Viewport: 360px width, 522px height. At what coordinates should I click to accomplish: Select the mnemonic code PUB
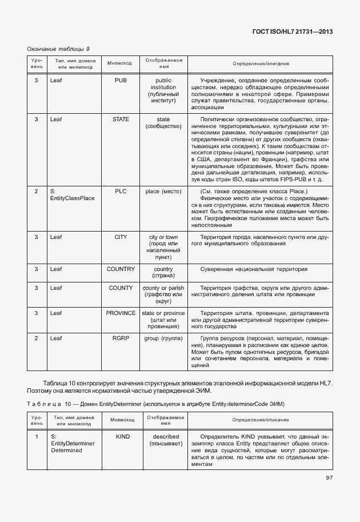[121, 81]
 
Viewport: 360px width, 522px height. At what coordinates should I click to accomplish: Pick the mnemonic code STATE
[121, 119]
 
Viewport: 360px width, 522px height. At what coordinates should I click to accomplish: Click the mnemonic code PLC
[121, 191]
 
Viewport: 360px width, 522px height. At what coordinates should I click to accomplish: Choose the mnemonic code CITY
[121, 236]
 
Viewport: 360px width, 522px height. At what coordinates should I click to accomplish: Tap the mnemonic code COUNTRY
[121, 269]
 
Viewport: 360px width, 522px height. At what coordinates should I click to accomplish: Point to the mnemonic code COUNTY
[121, 288]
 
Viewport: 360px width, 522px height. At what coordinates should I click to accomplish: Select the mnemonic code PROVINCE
[121, 313]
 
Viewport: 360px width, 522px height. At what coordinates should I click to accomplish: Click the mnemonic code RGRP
[121, 338]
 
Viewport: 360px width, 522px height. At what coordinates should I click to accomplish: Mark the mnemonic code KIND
[123, 436]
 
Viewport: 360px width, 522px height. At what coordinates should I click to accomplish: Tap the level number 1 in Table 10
[36, 436]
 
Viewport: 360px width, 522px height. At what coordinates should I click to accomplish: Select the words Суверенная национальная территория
[254, 269]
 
